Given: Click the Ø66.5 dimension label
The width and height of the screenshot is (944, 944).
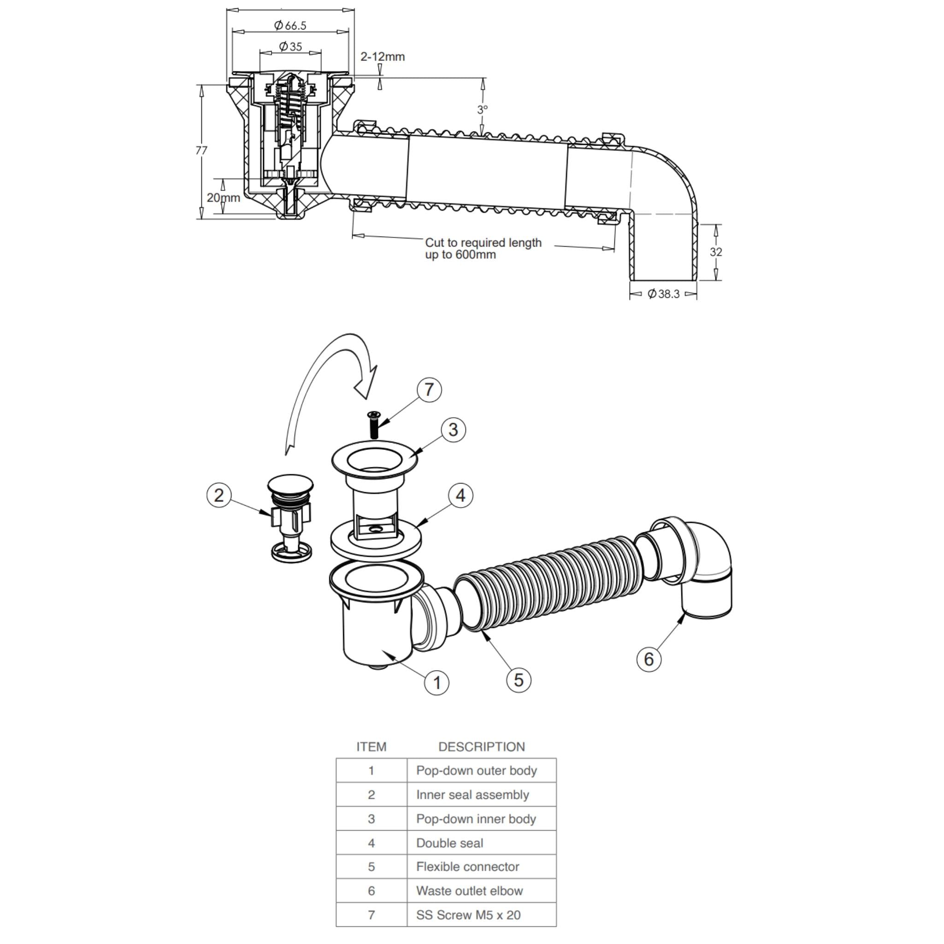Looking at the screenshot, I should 290,25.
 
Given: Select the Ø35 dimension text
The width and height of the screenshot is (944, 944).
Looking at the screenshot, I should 290,47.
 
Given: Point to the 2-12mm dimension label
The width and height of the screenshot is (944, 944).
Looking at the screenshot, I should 383,57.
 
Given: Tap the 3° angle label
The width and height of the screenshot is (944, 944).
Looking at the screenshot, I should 482,109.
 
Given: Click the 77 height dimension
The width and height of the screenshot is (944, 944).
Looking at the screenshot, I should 201,150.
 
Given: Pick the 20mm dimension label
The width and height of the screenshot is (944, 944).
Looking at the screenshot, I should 223,198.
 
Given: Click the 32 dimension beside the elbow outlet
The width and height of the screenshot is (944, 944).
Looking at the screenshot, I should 715,252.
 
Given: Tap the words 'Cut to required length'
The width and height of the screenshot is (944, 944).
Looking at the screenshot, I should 483,243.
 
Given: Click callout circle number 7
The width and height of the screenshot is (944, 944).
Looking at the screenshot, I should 429,390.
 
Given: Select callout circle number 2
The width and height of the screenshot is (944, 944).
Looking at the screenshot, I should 219,496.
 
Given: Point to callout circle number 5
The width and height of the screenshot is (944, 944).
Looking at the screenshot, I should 519,680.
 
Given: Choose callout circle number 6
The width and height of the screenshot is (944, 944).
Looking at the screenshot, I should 649,659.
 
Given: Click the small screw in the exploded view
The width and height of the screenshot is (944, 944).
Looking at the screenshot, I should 374,424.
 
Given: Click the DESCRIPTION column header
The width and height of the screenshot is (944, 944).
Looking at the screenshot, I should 481,747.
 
